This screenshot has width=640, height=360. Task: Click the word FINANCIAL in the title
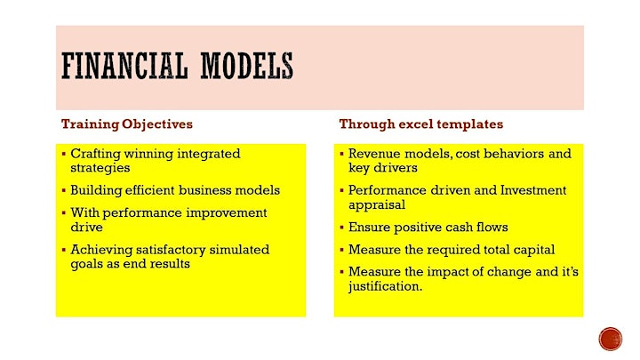click(x=124, y=65)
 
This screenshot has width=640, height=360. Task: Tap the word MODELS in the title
click(x=247, y=65)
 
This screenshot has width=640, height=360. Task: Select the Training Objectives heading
click(x=127, y=124)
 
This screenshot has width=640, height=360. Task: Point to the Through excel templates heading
click(x=420, y=124)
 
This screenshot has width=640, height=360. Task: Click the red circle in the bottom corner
click(x=611, y=339)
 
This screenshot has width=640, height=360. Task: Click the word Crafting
click(x=95, y=155)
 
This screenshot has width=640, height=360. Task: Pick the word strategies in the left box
click(x=100, y=168)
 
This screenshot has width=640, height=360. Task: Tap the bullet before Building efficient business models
click(x=64, y=190)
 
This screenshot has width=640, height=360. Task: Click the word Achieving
click(x=101, y=250)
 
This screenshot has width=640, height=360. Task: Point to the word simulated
click(x=239, y=250)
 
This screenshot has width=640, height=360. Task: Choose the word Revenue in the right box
click(x=374, y=154)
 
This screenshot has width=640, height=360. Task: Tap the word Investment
click(x=533, y=190)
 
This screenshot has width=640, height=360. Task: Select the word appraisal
click(x=377, y=205)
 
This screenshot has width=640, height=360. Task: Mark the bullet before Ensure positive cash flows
click(x=341, y=228)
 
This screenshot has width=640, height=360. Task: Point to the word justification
click(x=385, y=286)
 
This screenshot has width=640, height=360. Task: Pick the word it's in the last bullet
click(x=570, y=272)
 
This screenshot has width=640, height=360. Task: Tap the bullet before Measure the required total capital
click(x=341, y=250)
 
